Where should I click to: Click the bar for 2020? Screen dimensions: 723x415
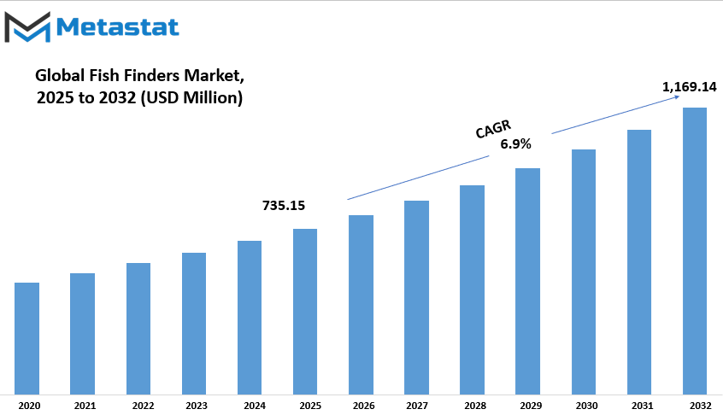[x=26, y=338]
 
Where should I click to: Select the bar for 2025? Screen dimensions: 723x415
[x=305, y=312]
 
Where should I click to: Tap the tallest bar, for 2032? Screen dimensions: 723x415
[x=695, y=251]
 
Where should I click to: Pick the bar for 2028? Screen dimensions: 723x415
[x=472, y=290]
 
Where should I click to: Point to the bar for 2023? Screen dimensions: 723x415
[x=194, y=324]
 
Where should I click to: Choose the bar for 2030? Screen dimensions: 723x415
[x=584, y=272]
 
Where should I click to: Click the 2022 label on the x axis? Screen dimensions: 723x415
[x=143, y=406]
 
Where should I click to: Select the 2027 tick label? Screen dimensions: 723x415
[x=417, y=406]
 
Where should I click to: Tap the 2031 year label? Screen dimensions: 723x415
[x=643, y=406]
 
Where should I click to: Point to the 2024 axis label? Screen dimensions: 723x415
[x=255, y=406]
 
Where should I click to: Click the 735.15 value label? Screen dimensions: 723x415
[x=284, y=206]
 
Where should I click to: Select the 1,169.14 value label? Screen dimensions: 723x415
[x=690, y=86]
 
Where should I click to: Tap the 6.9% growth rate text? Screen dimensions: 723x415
[x=515, y=144]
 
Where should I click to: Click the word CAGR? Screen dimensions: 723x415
[x=493, y=129]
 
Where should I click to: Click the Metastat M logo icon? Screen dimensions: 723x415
[x=27, y=27]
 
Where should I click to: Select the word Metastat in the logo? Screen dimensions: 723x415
[x=118, y=27]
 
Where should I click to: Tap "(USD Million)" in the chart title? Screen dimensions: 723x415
[x=191, y=97]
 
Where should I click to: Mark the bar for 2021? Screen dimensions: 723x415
[x=83, y=334]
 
